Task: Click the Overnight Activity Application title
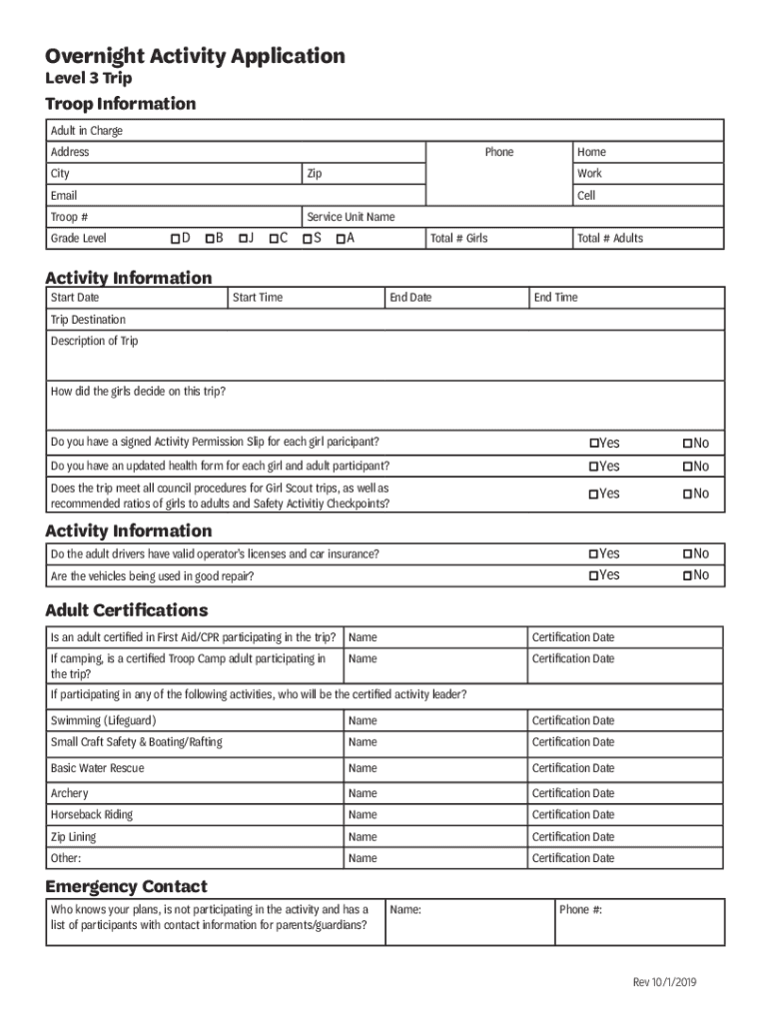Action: (x=195, y=56)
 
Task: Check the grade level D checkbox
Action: (x=175, y=239)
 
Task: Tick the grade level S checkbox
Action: (x=306, y=239)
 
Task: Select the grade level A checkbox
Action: (x=341, y=239)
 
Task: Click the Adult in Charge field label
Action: (x=87, y=131)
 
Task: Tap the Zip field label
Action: (x=315, y=174)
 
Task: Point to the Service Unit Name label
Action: (x=351, y=217)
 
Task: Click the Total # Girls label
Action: (x=459, y=239)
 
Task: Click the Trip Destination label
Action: (x=88, y=320)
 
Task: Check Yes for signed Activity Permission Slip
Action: (x=593, y=444)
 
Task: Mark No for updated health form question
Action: (x=687, y=467)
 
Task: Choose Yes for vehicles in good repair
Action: (x=593, y=575)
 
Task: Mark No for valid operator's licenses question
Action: (x=687, y=553)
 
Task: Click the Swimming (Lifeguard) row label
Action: (x=103, y=720)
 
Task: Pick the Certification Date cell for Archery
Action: (x=573, y=793)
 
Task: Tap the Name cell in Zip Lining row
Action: (x=363, y=837)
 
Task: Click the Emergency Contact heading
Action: (x=126, y=886)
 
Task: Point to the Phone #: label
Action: (x=580, y=910)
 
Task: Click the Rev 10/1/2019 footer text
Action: (x=664, y=982)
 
